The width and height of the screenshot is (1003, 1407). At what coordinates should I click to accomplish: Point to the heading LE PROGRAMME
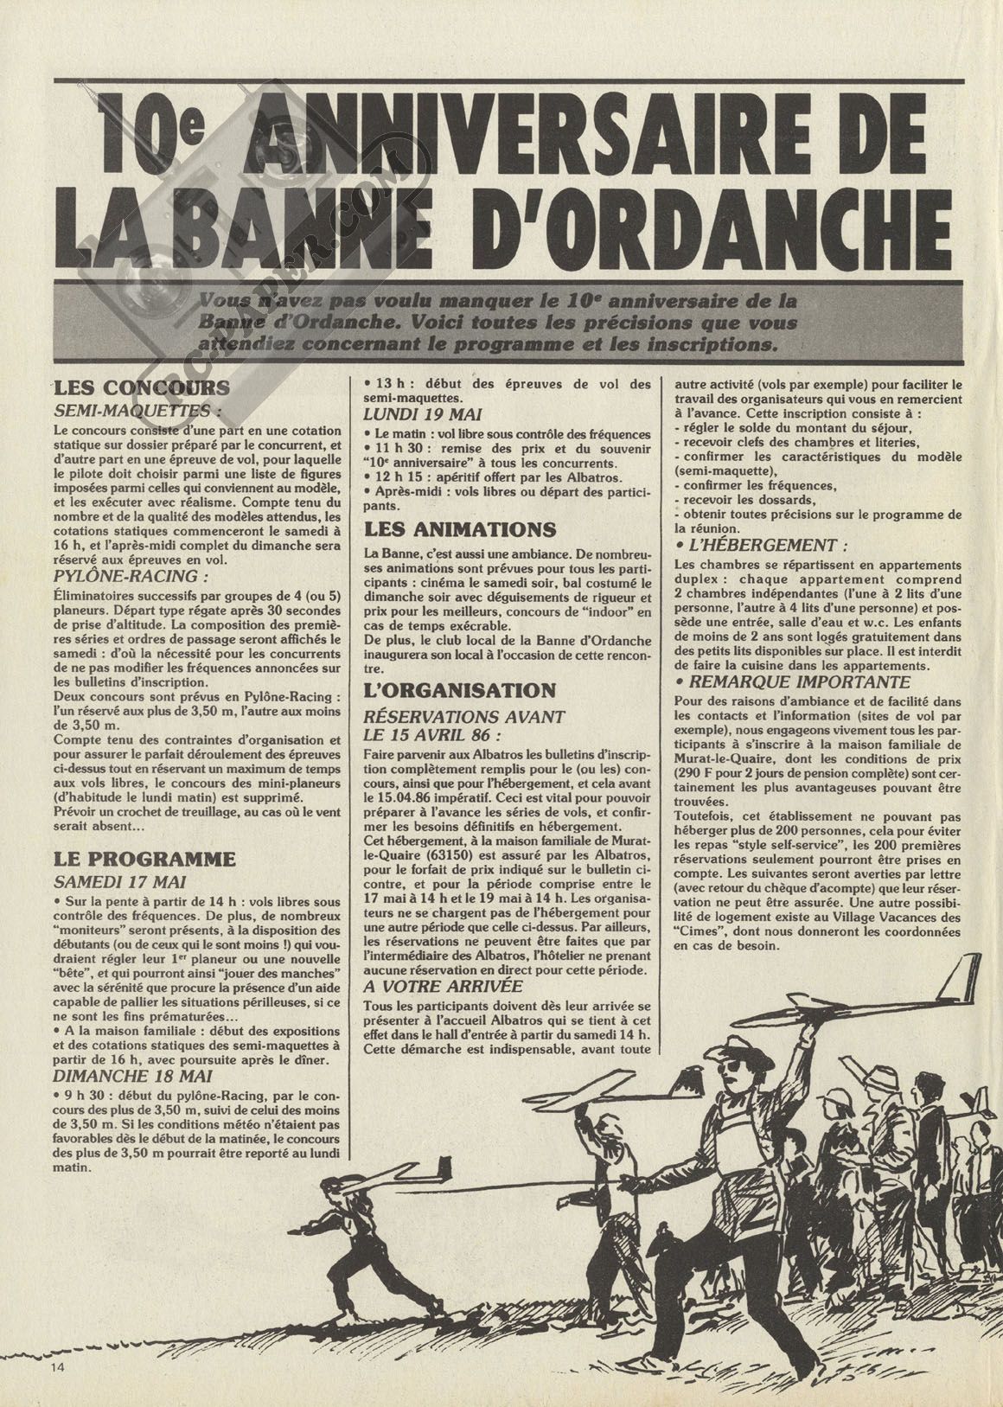[131, 858]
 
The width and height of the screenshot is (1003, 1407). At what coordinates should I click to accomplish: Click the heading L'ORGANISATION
[459, 689]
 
